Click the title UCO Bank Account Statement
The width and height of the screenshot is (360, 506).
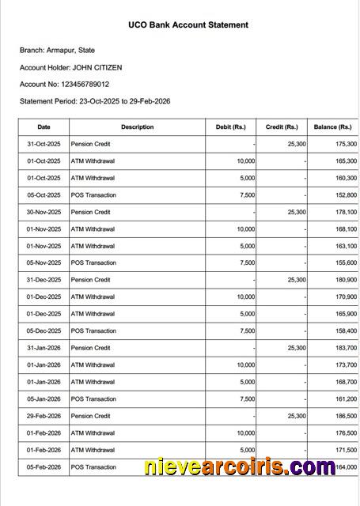pos(188,25)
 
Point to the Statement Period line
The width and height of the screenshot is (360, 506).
pos(95,101)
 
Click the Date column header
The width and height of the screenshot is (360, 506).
pos(44,127)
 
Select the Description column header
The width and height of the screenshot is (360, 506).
pos(138,127)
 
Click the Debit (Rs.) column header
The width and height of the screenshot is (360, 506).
pos(231,127)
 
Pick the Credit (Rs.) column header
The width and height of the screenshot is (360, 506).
pos(282,127)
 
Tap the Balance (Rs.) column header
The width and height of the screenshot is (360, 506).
pos(332,127)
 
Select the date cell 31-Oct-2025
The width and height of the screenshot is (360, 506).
pos(44,145)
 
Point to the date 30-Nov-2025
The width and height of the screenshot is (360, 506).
pos(44,213)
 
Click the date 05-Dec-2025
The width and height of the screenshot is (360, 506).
pos(44,331)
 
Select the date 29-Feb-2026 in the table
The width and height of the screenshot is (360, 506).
pos(44,417)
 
